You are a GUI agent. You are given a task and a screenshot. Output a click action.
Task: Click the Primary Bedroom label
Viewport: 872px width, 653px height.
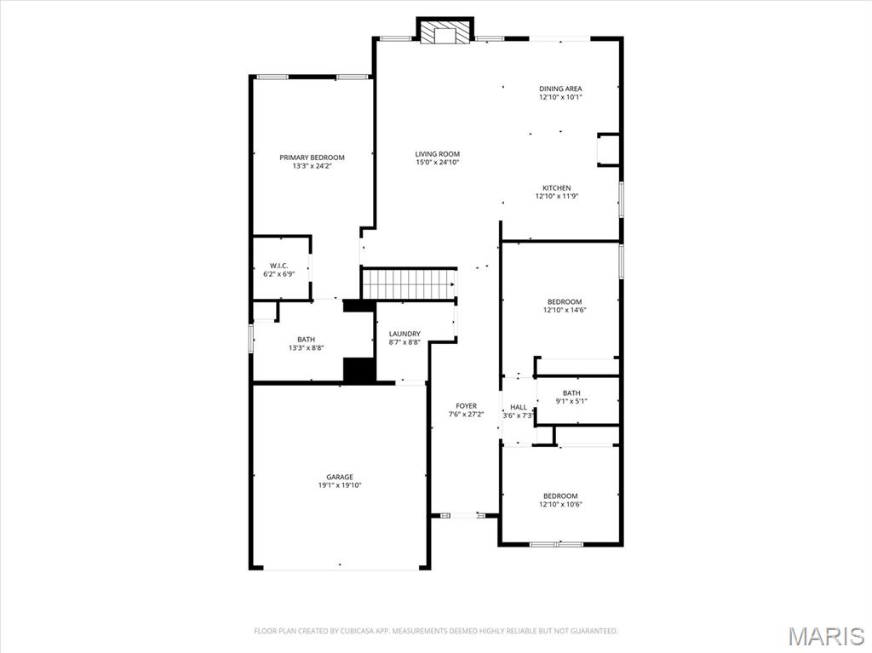pyautogui.click(x=313, y=158)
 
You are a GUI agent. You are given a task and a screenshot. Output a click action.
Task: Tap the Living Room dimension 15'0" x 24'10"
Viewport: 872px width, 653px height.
pyautogui.click(x=438, y=163)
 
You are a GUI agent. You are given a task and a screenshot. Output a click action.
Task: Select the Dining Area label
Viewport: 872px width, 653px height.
pyautogui.click(x=560, y=89)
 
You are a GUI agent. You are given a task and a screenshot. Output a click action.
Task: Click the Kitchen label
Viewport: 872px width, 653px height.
pyautogui.click(x=557, y=188)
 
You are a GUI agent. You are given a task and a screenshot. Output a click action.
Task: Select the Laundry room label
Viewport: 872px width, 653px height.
pyautogui.click(x=404, y=334)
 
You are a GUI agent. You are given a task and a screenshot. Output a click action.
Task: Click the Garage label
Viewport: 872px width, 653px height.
pyautogui.click(x=340, y=477)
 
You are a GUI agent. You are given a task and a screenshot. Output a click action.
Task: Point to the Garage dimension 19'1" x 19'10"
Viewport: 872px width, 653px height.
pyautogui.click(x=340, y=485)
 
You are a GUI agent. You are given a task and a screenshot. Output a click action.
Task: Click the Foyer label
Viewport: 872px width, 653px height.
pyautogui.click(x=466, y=406)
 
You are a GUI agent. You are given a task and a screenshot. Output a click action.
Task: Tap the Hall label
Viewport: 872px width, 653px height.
pyautogui.click(x=518, y=407)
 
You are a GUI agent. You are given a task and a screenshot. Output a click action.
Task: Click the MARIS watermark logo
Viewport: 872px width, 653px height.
pyautogui.click(x=826, y=635)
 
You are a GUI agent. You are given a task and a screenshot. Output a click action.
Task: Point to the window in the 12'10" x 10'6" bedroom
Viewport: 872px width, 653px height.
pyautogui.click(x=555, y=543)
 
